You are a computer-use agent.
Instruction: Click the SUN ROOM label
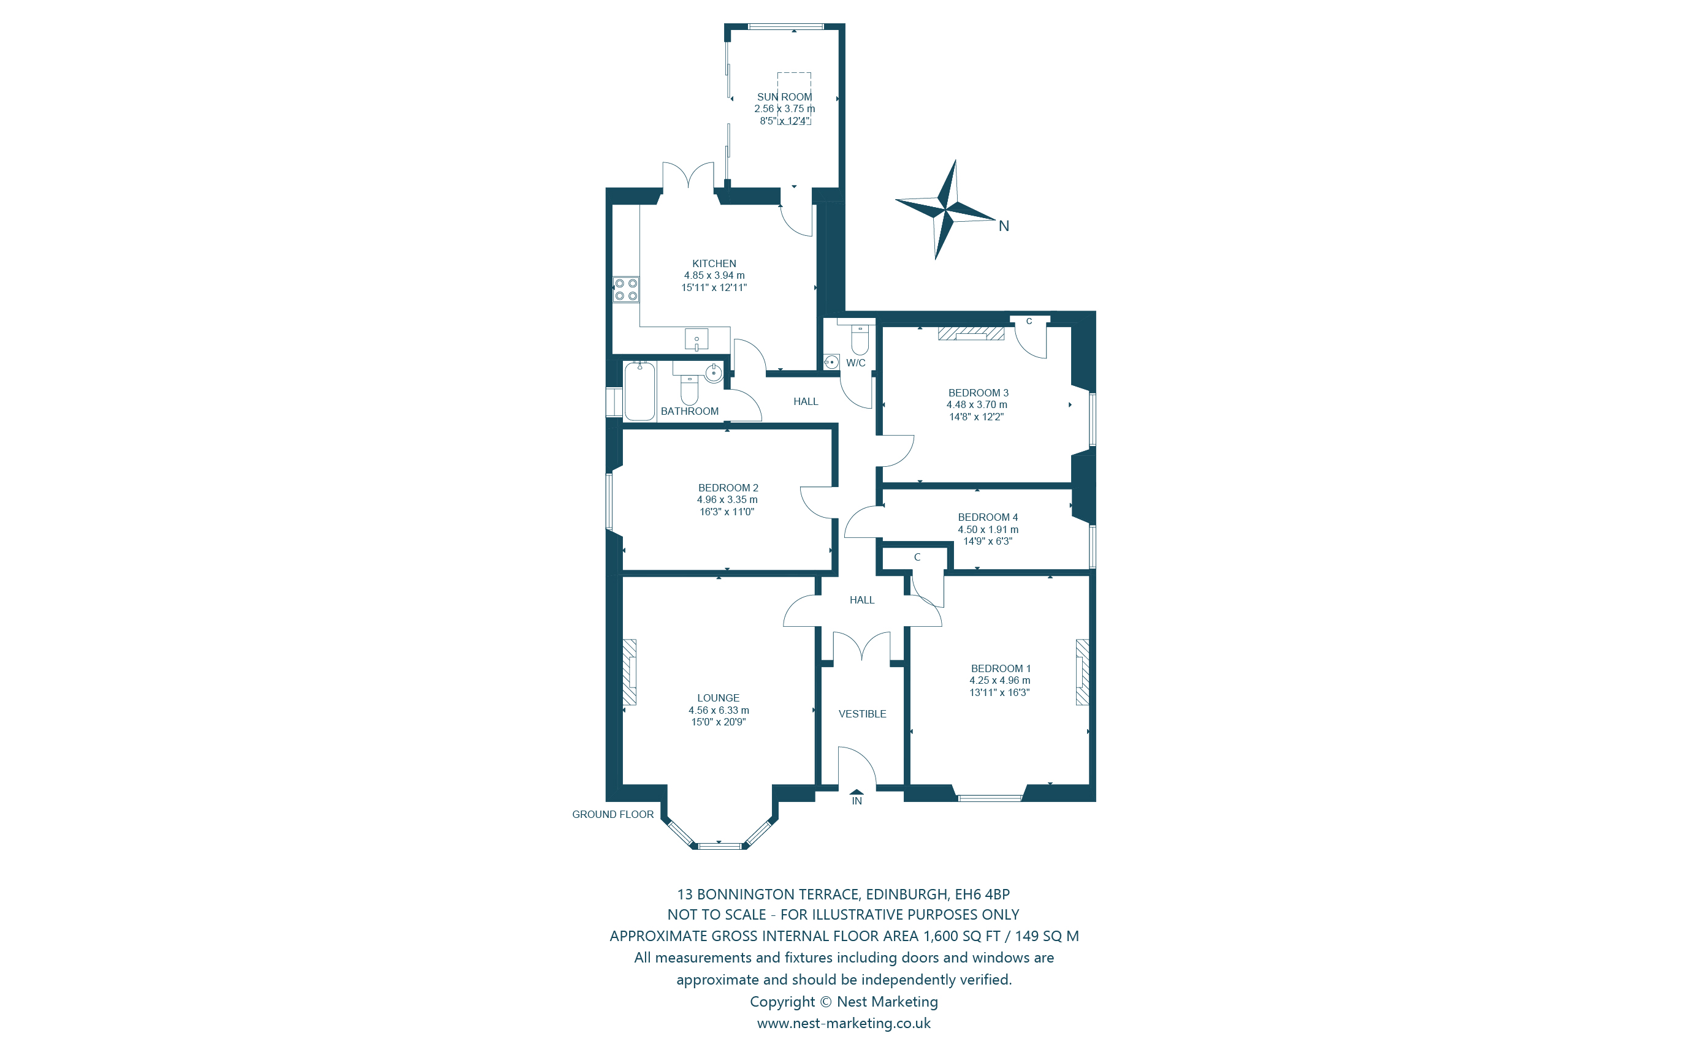tap(784, 97)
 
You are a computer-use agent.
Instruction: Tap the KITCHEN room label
tap(714, 263)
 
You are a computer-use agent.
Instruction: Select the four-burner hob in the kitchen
tap(626, 290)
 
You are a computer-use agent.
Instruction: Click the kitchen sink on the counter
tap(696, 339)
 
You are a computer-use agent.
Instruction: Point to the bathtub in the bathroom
tap(639, 392)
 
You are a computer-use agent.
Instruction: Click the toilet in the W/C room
tap(860, 340)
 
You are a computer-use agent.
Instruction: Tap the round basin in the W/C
tap(831, 362)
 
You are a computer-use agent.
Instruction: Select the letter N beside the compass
tap(1004, 226)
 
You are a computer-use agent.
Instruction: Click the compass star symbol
tap(946, 209)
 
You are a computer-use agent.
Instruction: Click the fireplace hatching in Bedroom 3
tap(971, 333)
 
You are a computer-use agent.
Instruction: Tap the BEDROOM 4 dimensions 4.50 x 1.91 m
tap(988, 529)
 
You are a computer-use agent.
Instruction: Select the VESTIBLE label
tap(862, 714)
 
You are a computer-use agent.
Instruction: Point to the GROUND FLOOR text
tap(612, 814)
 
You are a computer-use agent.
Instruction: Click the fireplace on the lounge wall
tap(630, 672)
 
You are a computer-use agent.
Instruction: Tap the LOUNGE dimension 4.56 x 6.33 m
tap(718, 710)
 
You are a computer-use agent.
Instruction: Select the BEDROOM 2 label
tap(728, 488)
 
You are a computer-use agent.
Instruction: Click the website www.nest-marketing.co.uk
tap(843, 1023)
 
